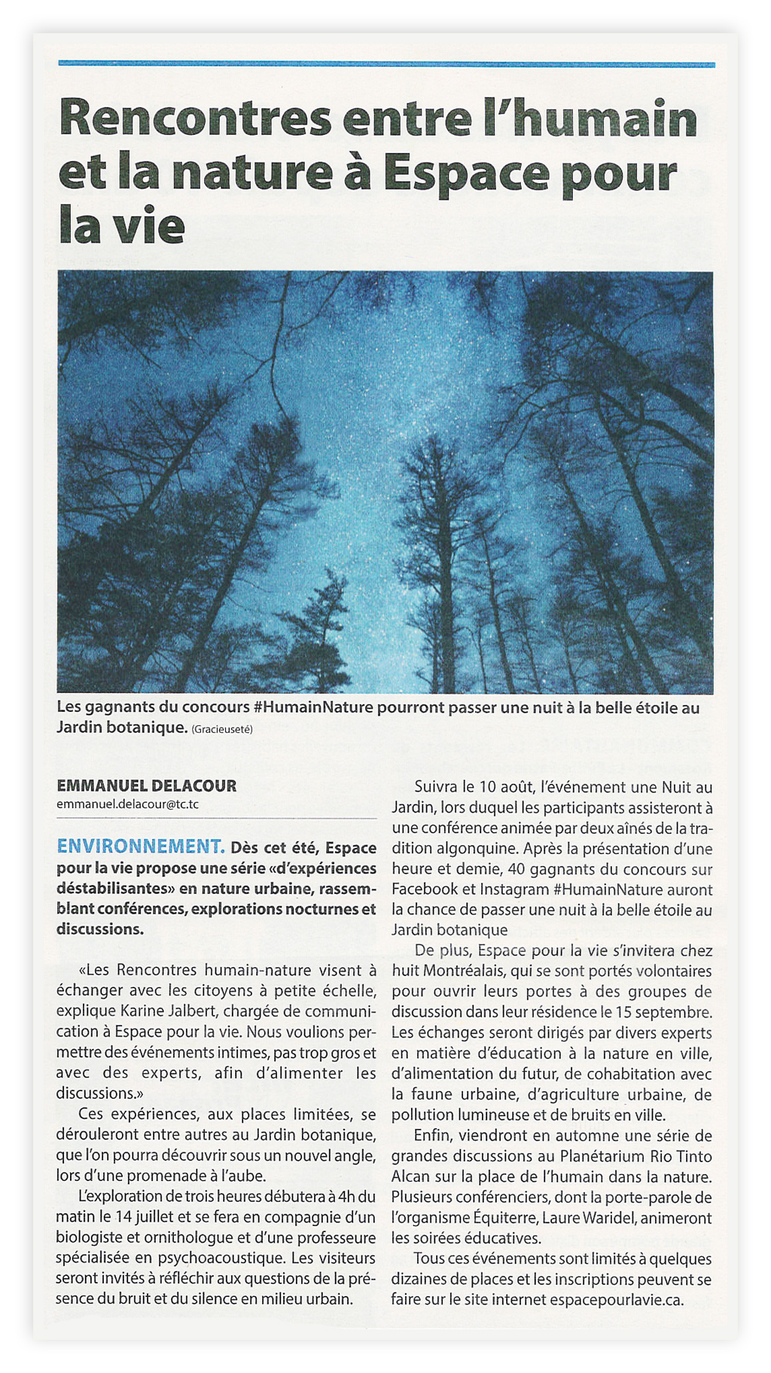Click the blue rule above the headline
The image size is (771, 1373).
pyautogui.click(x=385, y=65)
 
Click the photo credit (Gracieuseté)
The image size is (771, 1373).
pyautogui.click(x=222, y=729)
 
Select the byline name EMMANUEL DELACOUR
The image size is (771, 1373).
pyautogui.click(x=146, y=786)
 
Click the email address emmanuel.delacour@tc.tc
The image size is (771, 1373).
pyautogui.click(x=127, y=804)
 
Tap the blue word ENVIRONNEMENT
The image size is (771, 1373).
pyautogui.click(x=140, y=847)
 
